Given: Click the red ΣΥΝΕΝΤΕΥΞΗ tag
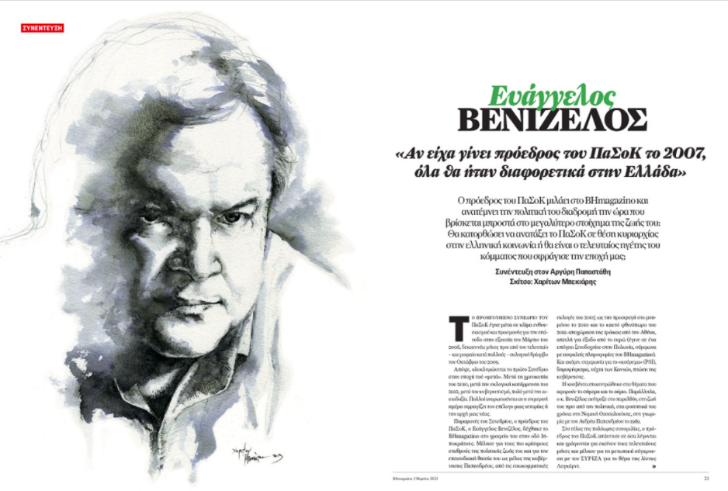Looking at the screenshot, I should point(43,29).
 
